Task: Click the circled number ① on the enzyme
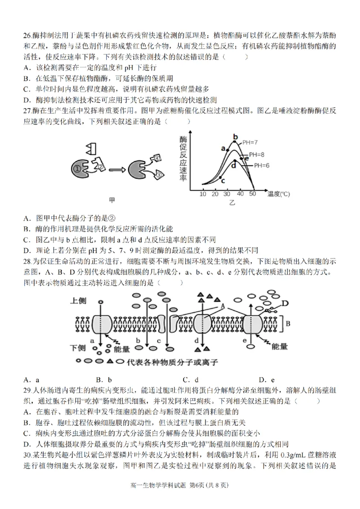coord(77,169)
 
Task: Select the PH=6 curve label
coord(261,165)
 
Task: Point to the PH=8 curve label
coord(256,154)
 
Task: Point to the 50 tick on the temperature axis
coord(252,193)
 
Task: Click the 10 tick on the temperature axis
coord(202,193)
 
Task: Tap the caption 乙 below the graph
coord(232,203)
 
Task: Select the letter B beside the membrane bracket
coord(289,322)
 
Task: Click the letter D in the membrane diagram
coord(284,304)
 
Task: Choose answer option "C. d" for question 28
coord(190,379)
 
